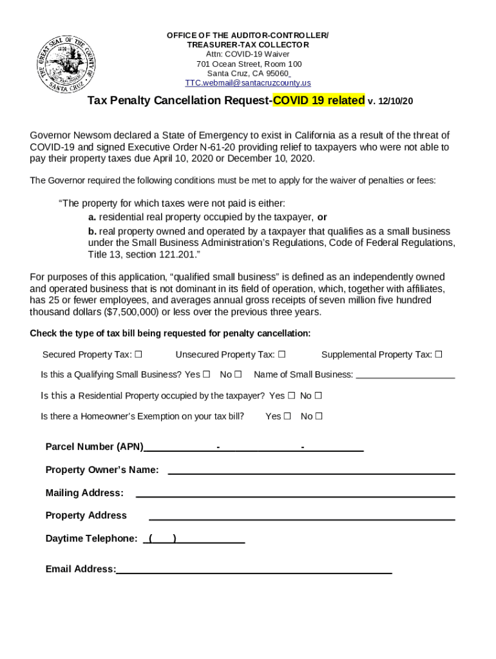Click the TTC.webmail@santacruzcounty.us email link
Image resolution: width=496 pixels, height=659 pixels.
248,83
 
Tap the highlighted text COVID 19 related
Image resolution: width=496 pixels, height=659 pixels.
319,101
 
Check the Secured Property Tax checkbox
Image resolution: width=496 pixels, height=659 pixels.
138,355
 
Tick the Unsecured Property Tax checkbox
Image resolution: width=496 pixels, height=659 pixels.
282,355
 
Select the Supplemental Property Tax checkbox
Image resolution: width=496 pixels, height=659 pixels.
439,355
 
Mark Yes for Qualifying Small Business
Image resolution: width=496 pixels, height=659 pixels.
207,375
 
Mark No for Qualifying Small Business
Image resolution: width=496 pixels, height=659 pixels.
238,375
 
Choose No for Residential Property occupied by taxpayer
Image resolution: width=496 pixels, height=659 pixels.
318,396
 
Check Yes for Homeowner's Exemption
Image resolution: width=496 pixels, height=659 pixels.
287,416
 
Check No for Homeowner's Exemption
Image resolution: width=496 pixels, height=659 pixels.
319,416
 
